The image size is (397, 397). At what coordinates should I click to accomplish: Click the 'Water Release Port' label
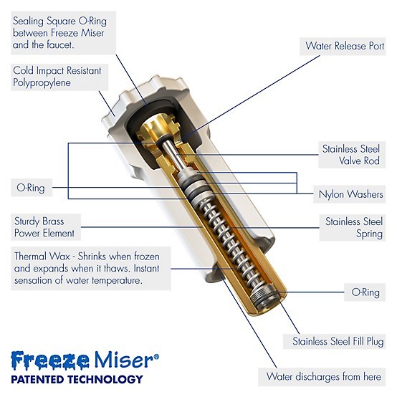344,46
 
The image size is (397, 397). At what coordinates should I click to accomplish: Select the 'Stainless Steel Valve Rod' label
350,155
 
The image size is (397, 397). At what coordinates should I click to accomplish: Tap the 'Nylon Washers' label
350,193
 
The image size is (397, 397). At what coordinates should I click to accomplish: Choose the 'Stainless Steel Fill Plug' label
337,342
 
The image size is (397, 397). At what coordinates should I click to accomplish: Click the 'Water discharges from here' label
323,376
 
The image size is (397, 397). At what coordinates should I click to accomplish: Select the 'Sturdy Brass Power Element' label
44,227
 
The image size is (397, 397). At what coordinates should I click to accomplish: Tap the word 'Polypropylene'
44,83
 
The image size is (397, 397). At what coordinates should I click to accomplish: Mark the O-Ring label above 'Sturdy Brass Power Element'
30,188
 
